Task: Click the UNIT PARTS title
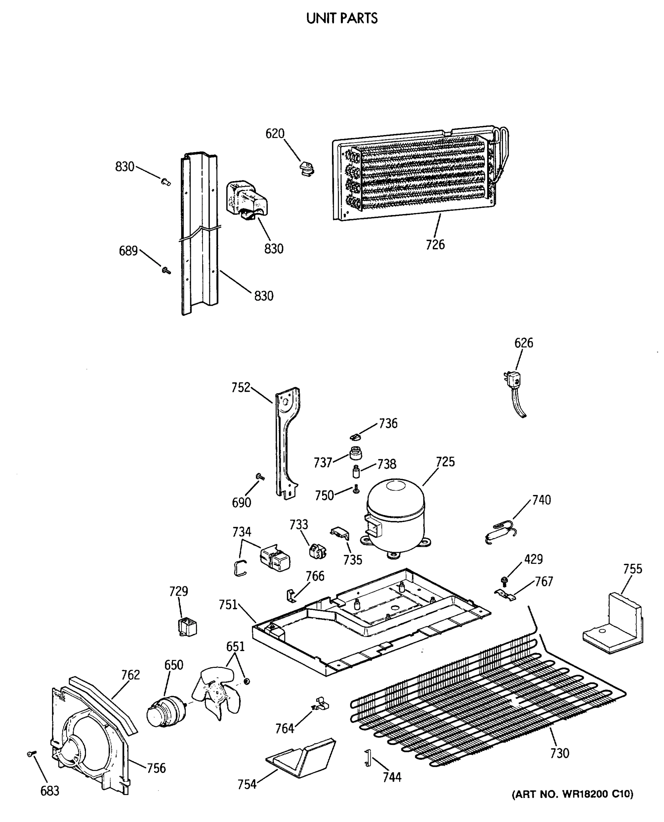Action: tap(342, 18)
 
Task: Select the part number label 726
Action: tap(435, 245)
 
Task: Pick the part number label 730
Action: tap(560, 753)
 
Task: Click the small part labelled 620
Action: tap(307, 168)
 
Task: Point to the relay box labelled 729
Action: tap(187, 627)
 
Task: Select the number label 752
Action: tap(241, 388)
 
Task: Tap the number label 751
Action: tap(228, 605)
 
